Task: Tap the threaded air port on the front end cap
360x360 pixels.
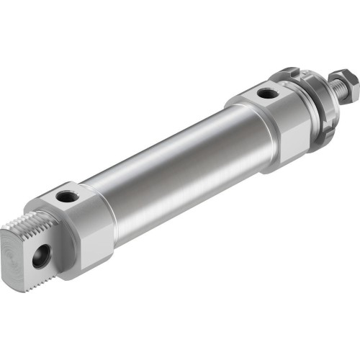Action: [x=266, y=93]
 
